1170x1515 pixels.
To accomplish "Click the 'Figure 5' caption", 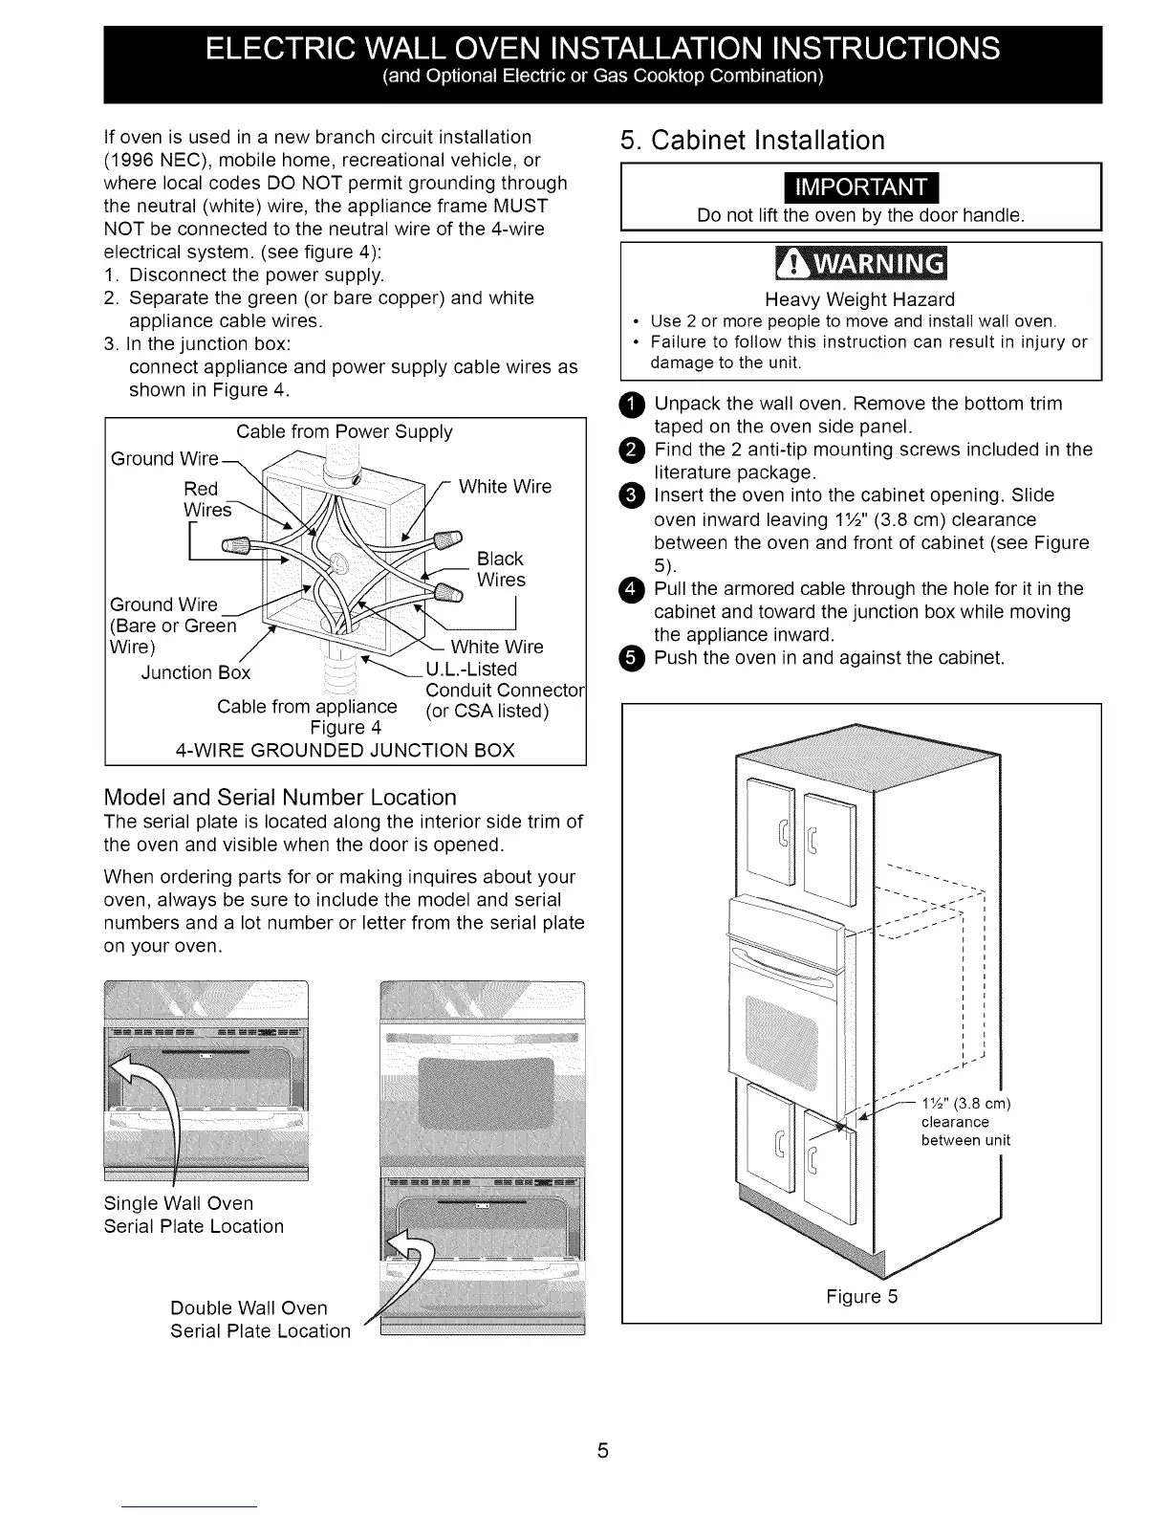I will [862, 1297].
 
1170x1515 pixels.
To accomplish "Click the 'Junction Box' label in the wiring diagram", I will [195, 672].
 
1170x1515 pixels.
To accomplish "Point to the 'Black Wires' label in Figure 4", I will [501, 569].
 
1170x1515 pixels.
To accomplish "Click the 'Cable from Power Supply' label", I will [344, 431].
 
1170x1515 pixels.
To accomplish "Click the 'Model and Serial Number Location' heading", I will [279, 798].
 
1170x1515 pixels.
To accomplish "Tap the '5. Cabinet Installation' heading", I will [752, 141].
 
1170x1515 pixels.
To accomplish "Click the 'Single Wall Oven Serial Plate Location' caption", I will [193, 1215].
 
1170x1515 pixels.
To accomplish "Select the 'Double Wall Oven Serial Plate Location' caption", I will [260, 1319].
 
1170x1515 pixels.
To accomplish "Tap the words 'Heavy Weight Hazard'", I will [859, 299].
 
